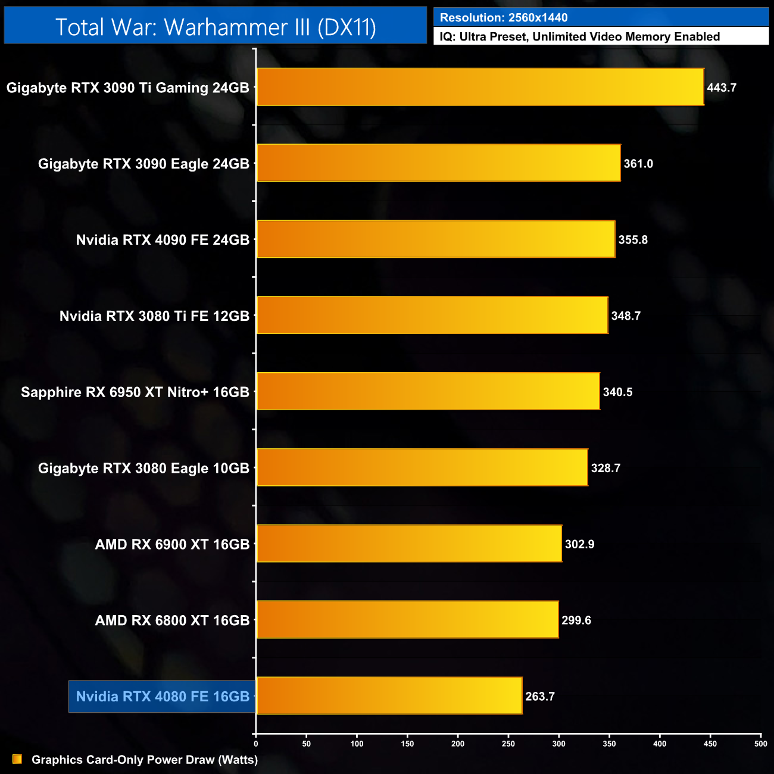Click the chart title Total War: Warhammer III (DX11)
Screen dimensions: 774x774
coord(216,27)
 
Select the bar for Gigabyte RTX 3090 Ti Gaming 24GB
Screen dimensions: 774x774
coord(480,87)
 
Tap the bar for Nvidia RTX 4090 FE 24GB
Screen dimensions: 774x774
coord(436,239)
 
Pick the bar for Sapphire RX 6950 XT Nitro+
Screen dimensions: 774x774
coord(428,391)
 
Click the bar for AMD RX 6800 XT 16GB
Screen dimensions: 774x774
coord(407,620)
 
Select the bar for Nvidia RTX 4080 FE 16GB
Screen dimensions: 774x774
coord(389,695)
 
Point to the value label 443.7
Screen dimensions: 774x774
coord(722,88)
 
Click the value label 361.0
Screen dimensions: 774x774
coord(638,164)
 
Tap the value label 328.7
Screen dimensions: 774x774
coord(606,468)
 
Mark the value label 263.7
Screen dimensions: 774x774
coord(540,696)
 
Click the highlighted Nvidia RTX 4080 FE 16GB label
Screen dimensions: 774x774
coord(163,696)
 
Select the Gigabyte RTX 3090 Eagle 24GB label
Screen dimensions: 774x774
coord(143,164)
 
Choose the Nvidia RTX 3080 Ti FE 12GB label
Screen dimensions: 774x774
coord(154,316)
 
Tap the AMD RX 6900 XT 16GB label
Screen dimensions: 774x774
coord(172,544)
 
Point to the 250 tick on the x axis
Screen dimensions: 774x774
coord(508,744)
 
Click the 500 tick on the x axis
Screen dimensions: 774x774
coord(760,744)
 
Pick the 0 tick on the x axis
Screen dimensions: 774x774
coord(256,744)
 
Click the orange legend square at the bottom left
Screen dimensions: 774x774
coord(17,759)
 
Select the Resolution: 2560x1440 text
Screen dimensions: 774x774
coord(504,18)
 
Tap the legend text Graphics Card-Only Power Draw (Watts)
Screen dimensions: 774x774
coord(145,760)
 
